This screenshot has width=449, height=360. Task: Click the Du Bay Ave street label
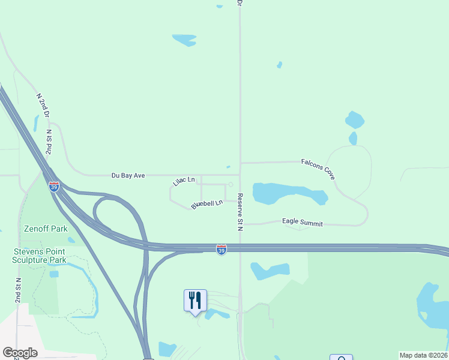(x=128, y=176)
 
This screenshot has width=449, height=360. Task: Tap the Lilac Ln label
(x=184, y=181)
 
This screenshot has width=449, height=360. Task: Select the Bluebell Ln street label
(x=207, y=204)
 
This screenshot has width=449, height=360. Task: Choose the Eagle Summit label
(x=303, y=223)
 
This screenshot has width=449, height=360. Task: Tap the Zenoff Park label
(x=46, y=229)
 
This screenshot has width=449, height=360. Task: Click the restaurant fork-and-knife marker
(x=195, y=299)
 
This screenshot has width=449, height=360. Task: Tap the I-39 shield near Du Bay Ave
(x=54, y=187)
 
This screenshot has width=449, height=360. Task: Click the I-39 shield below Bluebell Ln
(x=221, y=250)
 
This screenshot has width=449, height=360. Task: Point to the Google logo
(x=20, y=353)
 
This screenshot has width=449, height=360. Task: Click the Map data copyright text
(x=423, y=355)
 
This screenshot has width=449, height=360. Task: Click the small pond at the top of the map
(x=184, y=40)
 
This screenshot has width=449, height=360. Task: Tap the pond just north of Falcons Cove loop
(x=355, y=120)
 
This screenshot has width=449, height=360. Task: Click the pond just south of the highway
(x=270, y=271)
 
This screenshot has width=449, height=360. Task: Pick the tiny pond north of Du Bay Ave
(x=228, y=167)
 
